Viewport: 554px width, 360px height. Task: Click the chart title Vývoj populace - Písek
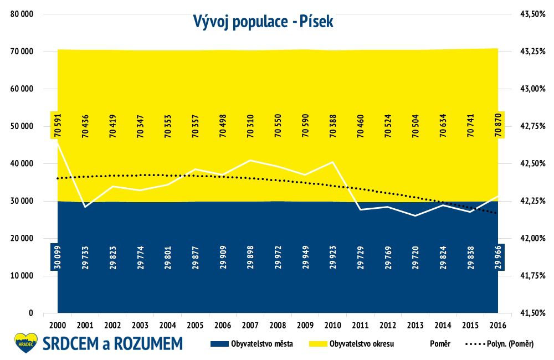[263, 22]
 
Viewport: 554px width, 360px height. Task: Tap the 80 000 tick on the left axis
[22, 14]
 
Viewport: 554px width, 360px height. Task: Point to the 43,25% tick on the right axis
[533, 52]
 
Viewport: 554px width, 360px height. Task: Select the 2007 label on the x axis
[250, 325]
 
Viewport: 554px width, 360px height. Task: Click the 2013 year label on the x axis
[415, 325]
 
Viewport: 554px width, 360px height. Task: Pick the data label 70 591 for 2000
[58, 125]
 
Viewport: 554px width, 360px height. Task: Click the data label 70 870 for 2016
[498, 125]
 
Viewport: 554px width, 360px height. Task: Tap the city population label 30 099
[58, 257]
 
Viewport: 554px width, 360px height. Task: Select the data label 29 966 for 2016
[498, 257]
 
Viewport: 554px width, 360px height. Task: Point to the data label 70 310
[250, 125]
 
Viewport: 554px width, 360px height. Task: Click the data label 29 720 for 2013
[416, 257]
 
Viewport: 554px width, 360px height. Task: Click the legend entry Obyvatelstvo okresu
[352, 344]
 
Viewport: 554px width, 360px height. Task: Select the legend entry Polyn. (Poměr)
[499, 344]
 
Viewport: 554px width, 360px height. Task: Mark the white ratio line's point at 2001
[85, 207]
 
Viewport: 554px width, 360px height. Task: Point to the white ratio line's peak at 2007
[250, 160]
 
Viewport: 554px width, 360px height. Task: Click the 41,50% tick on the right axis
[533, 313]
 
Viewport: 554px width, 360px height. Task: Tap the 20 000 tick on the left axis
[22, 239]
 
